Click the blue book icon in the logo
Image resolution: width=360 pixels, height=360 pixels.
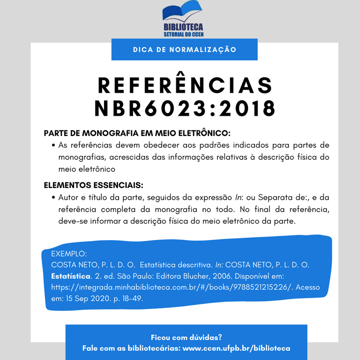[182, 13]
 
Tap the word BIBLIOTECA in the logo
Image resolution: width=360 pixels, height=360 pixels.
[183, 28]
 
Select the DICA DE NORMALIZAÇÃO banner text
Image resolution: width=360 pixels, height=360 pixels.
[185, 49]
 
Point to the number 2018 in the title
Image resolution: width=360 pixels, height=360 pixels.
[247, 109]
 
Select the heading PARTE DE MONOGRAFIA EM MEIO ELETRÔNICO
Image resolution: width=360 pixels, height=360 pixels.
[137, 133]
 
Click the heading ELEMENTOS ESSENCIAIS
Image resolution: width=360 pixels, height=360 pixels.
[93, 185]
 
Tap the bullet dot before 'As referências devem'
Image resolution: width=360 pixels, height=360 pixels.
[54, 145]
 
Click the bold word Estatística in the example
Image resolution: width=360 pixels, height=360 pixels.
[71, 276]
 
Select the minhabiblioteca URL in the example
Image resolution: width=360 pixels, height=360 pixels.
[172, 287]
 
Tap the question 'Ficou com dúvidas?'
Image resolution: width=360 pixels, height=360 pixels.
[186, 337]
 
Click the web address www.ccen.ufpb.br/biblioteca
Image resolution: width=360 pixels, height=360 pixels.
[236, 348]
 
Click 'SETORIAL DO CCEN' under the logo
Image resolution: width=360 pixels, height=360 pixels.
[183, 35]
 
